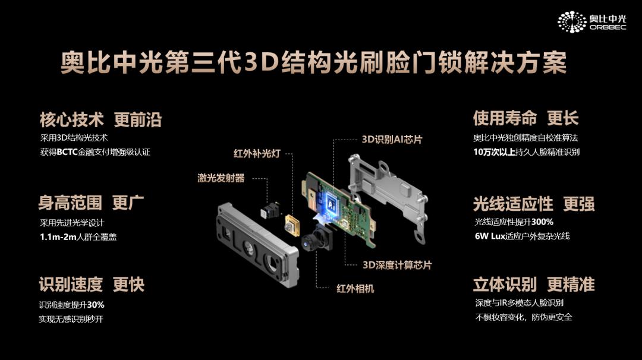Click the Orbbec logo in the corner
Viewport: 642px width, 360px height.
click(x=591, y=22)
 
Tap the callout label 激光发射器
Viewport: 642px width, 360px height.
click(x=221, y=178)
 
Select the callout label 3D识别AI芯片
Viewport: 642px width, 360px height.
click(x=392, y=139)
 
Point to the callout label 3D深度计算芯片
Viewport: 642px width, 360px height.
click(x=397, y=265)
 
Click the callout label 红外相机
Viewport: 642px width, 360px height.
click(x=355, y=289)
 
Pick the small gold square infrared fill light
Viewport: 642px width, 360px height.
click(x=292, y=224)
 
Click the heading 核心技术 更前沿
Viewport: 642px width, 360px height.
click(x=100, y=120)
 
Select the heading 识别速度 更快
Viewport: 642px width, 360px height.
click(x=92, y=285)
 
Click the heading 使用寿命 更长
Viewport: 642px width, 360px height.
click(x=525, y=118)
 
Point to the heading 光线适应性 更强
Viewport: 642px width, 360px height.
click(x=533, y=204)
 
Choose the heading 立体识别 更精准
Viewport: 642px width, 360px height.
click(x=533, y=285)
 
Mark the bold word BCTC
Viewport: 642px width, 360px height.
click(x=68, y=152)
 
